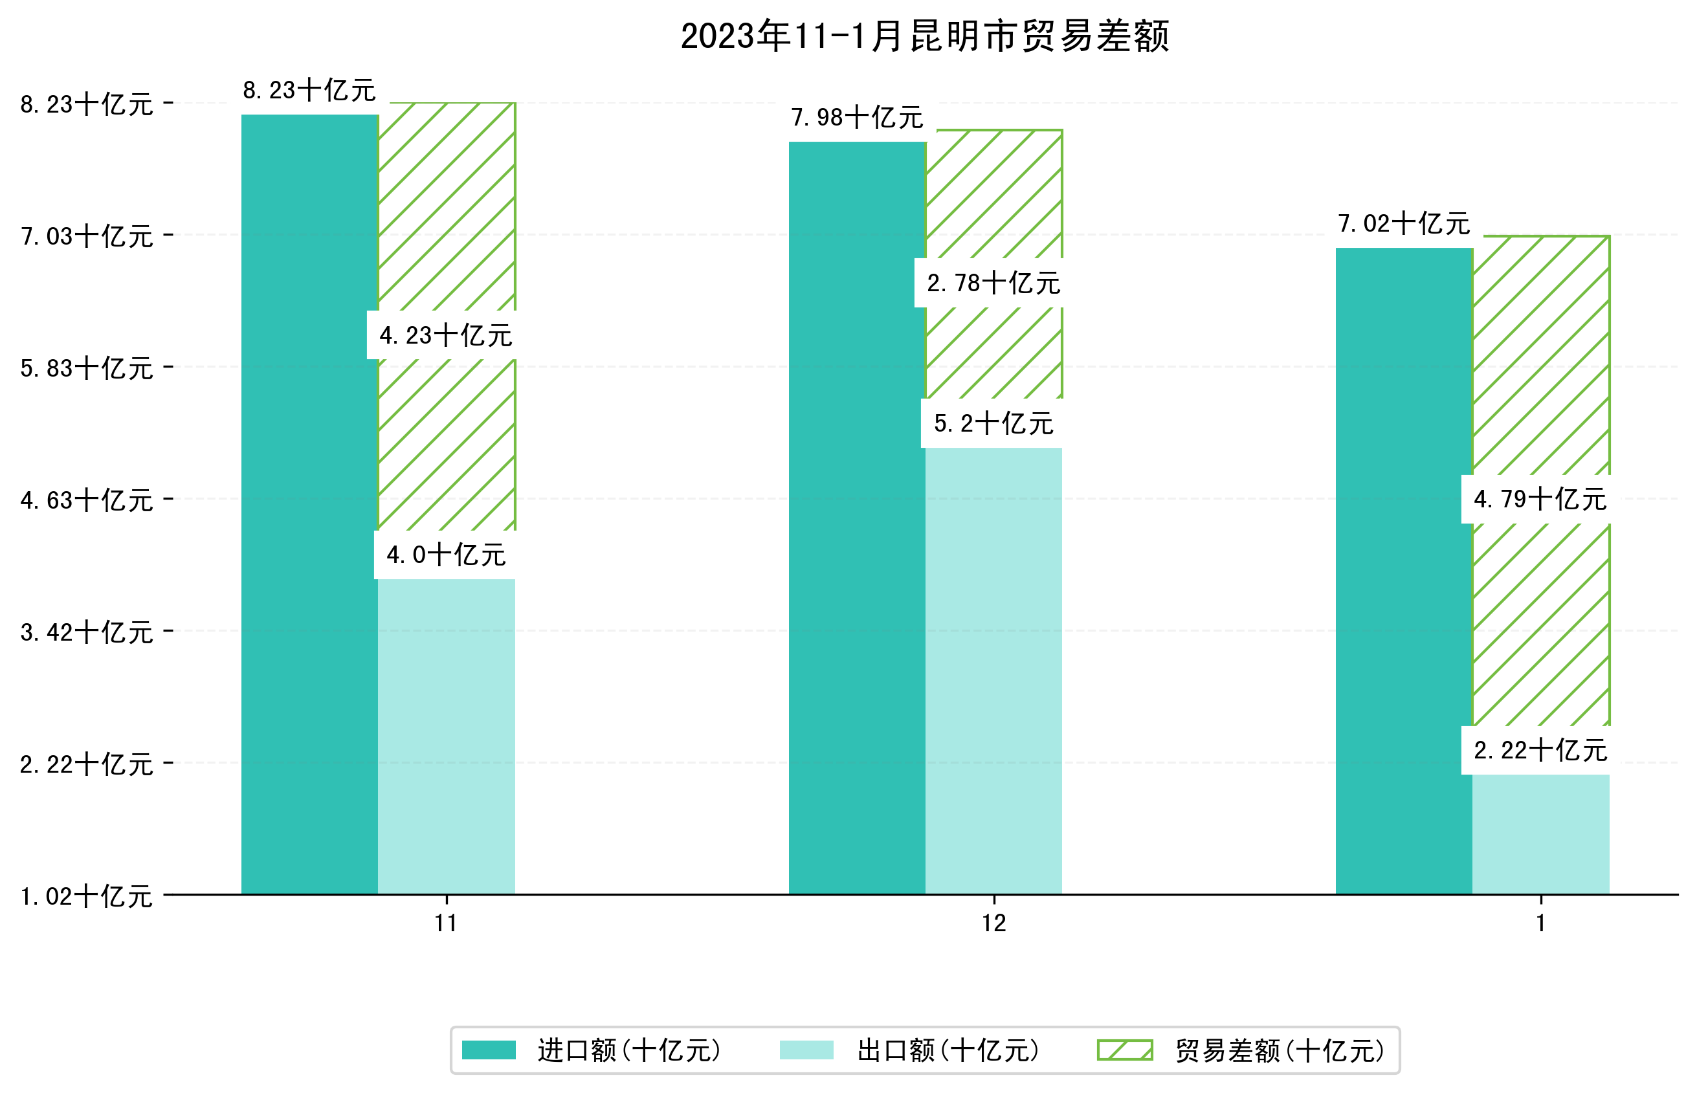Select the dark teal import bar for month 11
click(x=309, y=504)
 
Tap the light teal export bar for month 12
click(x=993, y=670)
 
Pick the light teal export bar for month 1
click(x=1540, y=834)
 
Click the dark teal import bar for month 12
click(x=857, y=518)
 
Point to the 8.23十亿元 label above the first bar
click(x=309, y=91)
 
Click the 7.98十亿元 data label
click(x=857, y=118)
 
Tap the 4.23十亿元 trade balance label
click(x=446, y=336)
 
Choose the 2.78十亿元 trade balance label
click(x=993, y=283)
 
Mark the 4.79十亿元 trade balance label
click(x=1540, y=500)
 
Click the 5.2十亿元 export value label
click(x=993, y=424)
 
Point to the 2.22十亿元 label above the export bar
click(x=1540, y=751)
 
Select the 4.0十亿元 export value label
click(x=446, y=555)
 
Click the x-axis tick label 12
click(x=993, y=923)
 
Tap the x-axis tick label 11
click(x=446, y=923)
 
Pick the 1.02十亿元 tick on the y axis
click(x=87, y=896)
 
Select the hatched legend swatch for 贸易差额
click(x=1124, y=1050)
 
